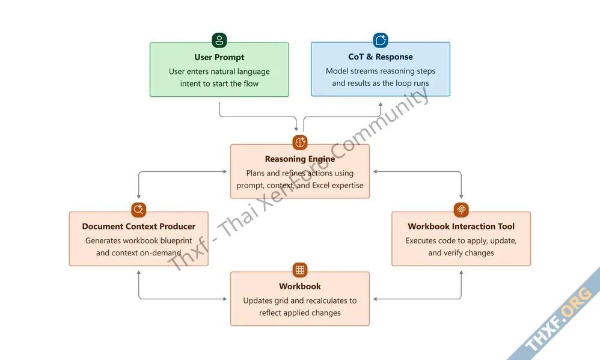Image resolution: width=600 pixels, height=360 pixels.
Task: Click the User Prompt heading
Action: click(x=219, y=57)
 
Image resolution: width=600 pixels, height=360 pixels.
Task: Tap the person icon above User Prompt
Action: click(x=219, y=41)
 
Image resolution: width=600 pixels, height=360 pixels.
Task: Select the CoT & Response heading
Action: click(x=381, y=56)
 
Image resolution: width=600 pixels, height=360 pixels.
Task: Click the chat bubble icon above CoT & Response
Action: click(x=381, y=40)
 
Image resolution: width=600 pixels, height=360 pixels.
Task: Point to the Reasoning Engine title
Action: click(x=300, y=159)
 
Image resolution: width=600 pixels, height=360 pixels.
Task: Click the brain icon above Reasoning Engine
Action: click(x=300, y=142)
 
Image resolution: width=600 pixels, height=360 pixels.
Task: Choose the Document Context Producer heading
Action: click(x=139, y=227)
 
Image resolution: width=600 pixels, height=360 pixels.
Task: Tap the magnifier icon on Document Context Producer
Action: click(x=139, y=210)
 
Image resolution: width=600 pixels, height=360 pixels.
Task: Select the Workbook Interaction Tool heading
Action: click(x=461, y=227)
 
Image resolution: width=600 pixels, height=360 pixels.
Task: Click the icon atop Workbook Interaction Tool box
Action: click(x=461, y=210)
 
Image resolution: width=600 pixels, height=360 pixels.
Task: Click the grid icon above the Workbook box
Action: click(x=300, y=270)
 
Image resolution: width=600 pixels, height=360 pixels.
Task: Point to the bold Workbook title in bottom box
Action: click(x=300, y=287)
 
